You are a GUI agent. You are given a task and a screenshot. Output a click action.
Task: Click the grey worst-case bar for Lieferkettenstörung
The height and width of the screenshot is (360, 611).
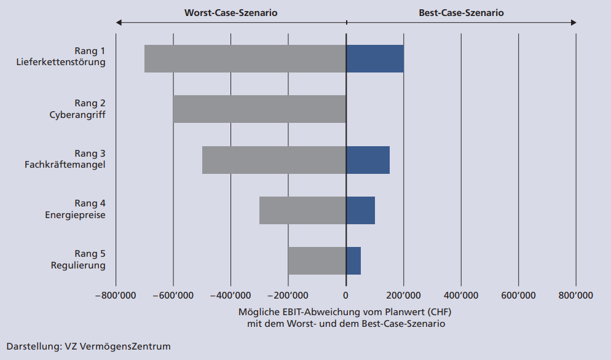coord(245,59)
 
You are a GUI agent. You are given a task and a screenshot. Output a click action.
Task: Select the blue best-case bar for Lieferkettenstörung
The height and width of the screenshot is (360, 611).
coord(375,59)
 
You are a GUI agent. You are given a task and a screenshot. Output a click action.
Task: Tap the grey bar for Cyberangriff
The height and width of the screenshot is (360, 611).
coord(259,109)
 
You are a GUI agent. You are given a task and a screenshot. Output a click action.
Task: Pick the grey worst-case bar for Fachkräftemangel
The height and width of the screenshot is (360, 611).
coord(274,160)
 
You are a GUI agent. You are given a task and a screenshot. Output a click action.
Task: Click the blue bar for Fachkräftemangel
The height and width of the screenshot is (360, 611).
coord(368,160)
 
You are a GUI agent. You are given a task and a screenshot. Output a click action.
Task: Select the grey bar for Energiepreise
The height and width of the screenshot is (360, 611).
coord(302,210)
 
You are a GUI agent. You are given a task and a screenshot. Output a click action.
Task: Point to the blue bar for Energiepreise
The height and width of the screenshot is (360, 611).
coord(360,210)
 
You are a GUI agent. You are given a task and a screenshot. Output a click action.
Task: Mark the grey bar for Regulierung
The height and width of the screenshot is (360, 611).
coord(317,260)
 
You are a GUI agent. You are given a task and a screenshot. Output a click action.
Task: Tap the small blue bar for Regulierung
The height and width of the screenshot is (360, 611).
coord(353,260)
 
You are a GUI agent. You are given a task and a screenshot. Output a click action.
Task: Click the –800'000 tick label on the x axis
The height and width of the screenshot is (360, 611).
coord(115,295)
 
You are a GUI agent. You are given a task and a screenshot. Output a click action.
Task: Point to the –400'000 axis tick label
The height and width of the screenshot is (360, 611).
coord(231,295)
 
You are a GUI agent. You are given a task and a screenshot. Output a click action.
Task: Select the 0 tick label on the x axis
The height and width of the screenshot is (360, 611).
coord(346,295)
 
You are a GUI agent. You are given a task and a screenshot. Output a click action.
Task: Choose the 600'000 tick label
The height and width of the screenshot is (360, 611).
coord(518,295)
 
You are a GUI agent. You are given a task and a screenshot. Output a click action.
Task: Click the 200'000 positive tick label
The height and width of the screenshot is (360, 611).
coord(403,295)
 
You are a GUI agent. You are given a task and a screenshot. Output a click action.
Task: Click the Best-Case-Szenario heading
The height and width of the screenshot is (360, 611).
coord(461,12)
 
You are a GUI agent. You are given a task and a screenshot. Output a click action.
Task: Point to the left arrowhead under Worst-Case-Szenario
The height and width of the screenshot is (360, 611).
coord(119,23)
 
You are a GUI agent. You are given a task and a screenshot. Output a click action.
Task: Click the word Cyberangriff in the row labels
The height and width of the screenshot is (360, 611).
coord(77,115)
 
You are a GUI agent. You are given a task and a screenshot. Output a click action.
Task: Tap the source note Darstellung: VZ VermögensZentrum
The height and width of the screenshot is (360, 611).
coord(89,346)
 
